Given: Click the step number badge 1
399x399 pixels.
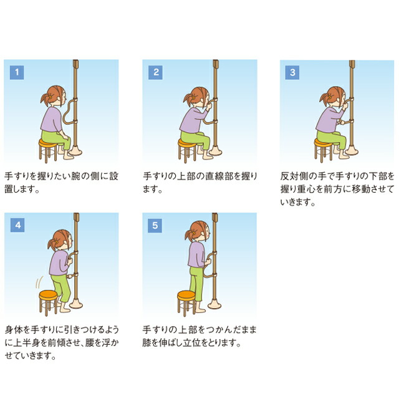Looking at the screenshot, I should (x=17, y=72).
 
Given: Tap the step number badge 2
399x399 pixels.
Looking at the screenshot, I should (x=155, y=72).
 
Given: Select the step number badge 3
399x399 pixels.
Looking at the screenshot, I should (x=292, y=72).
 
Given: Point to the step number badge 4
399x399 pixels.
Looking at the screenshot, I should (x=17, y=225).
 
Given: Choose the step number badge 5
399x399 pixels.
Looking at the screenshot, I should (x=155, y=225).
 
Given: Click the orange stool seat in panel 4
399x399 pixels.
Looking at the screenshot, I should (x=49, y=294).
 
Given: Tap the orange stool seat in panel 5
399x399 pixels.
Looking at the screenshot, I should (x=186, y=294).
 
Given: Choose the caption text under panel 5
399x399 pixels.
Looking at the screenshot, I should (x=199, y=335).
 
